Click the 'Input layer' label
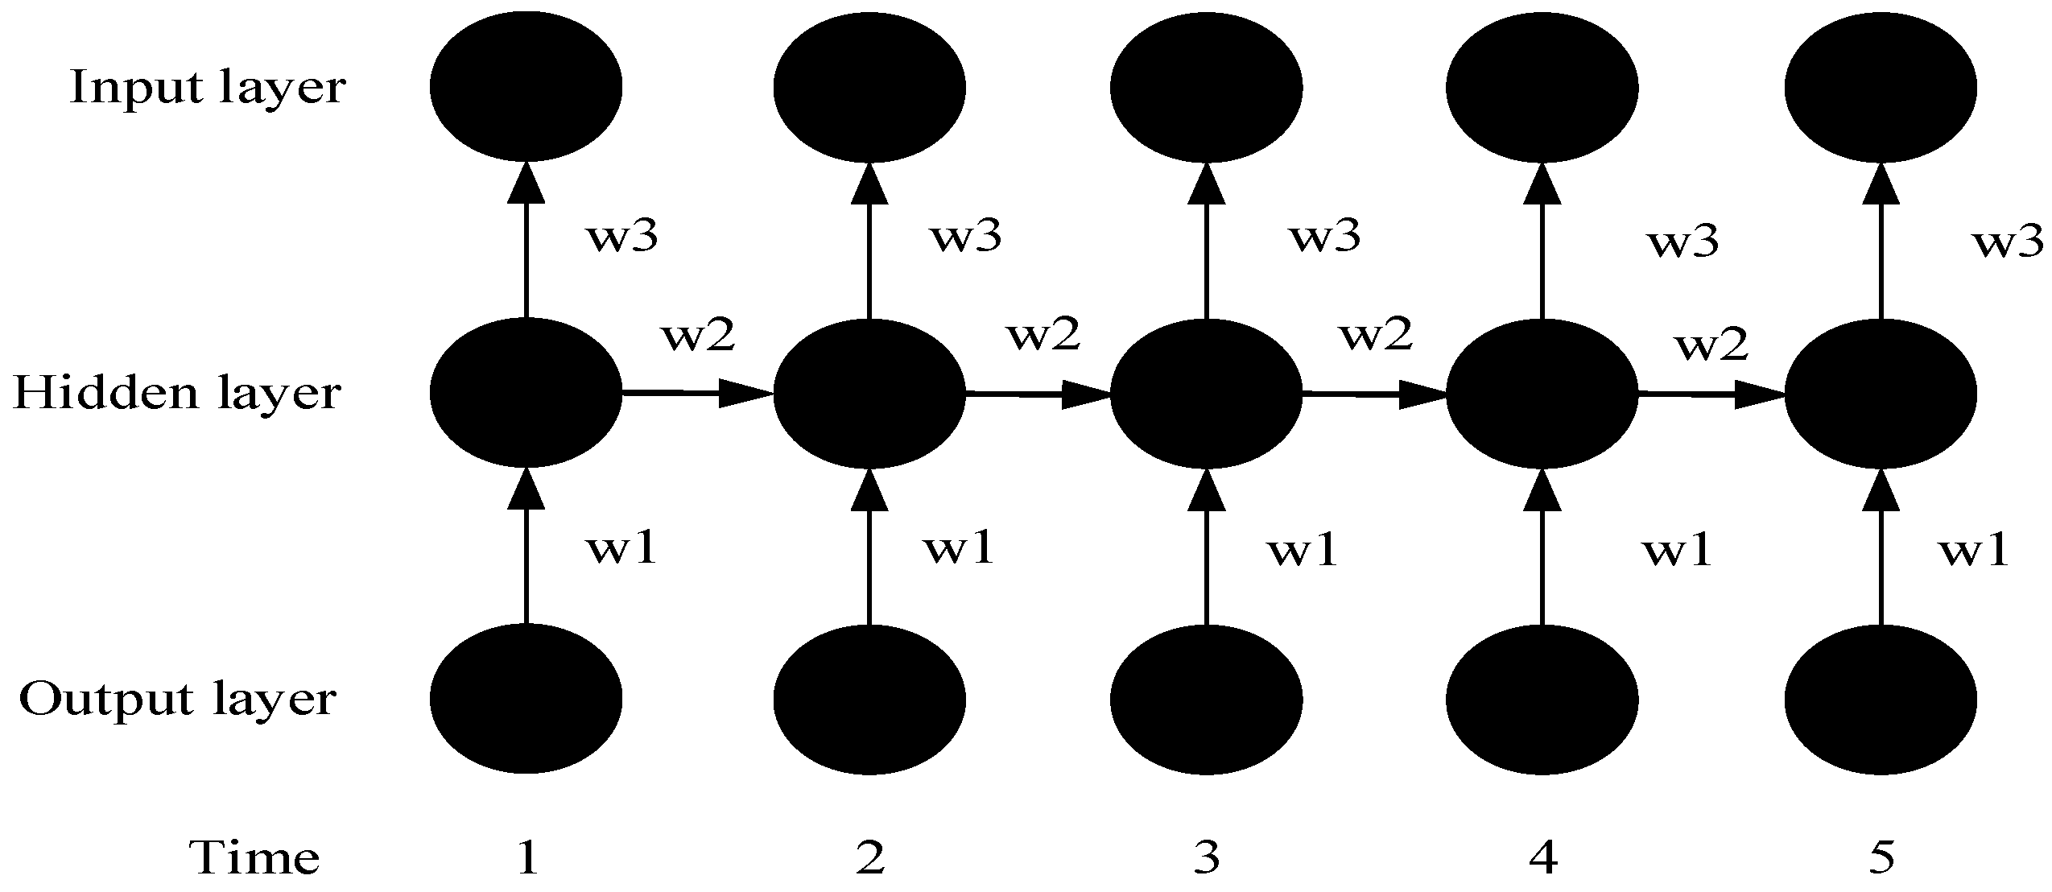point(207,88)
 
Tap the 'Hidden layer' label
point(176,394)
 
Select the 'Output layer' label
point(176,700)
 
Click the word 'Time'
point(254,858)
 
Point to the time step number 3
point(1206,858)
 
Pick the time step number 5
point(1881,858)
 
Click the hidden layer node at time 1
point(526,393)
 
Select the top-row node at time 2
point(869,86)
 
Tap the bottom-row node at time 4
point(1542,699)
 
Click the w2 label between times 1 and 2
point(698,337)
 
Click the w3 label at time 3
point(1325,237)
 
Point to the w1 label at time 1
point(621,550)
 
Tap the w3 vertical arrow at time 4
point(1542,242)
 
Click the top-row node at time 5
point(1881,86)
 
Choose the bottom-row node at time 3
point(1206,699)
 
